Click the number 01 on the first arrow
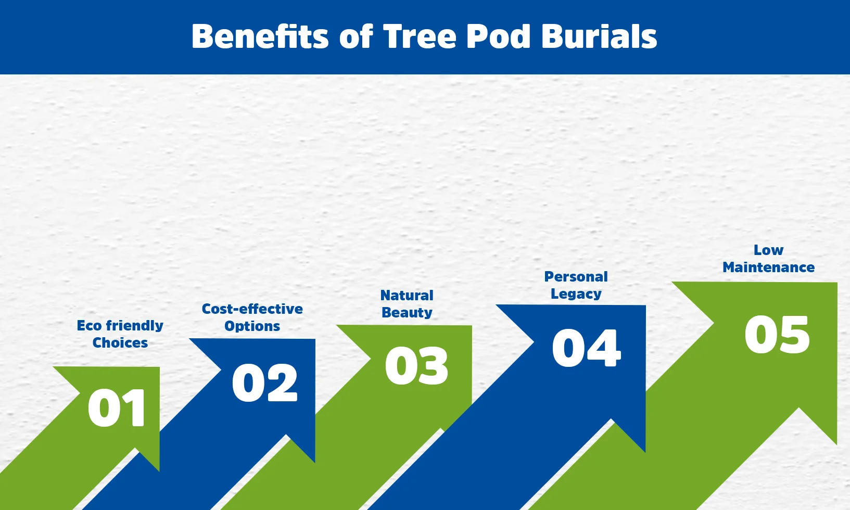point(117,408)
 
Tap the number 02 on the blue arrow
point(264,383)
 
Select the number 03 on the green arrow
point(416,366)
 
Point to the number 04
point(586,348)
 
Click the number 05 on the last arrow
point(777,335)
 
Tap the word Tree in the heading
point(419,36)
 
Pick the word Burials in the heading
point(599,36)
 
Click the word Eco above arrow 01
point(88,326)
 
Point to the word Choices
point(120,343)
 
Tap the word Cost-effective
point(252,309)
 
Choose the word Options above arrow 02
point(252,326)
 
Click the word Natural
point(407,296)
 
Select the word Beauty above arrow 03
point(407,313)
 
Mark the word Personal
point(576,277)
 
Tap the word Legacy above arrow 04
point(576,294)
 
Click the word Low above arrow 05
point(768,250)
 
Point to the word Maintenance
point(768,267)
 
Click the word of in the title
point(357,36)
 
